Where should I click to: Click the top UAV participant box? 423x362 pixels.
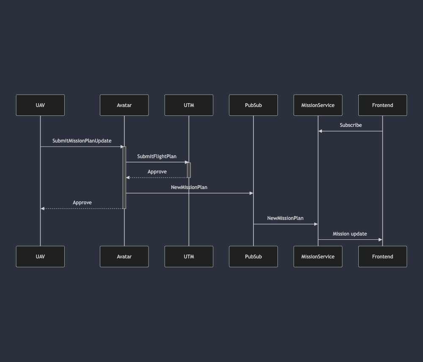[x=40, y=105]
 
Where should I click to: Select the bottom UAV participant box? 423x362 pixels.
[x=40, y=257]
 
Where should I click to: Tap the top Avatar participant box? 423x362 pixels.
[x=124, y=105]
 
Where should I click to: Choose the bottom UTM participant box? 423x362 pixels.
[x=189, y=257]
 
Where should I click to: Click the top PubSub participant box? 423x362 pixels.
[x=253, y=105]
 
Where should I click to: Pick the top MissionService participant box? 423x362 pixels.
[x=318, y=105]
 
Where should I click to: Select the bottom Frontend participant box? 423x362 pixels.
[x=382, y=257]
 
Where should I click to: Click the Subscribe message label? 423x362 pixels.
[x=351, y=125]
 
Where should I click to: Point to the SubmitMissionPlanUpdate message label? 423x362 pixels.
[x=82, y=141]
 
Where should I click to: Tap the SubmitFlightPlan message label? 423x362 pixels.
[x=157, y=156]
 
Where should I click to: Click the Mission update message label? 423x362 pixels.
[x=350, y=234]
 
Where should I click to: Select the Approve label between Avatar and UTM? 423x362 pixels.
[x=157, y=172]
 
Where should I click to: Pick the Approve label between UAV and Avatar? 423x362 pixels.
[x=82, y=203]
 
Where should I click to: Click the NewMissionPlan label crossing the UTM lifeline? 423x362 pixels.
[x=189, y=187]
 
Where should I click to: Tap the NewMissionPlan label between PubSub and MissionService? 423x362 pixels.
[x=285, y=218]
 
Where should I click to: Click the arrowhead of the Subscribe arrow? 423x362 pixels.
[x=320, y=131]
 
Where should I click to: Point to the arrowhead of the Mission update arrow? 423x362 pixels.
[x=380, y=239]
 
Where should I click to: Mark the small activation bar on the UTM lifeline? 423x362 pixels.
[x=189, y=170]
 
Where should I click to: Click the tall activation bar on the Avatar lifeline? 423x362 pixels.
[x=124, y=178]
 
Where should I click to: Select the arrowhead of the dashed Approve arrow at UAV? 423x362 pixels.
[x=42, y=208]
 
